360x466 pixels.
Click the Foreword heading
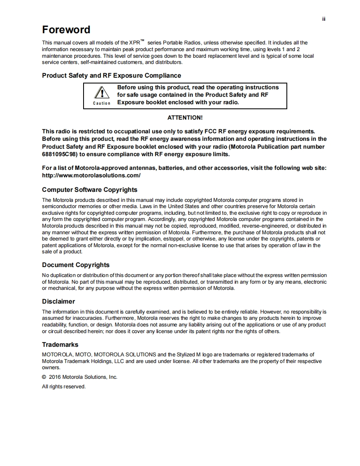pos(66,30)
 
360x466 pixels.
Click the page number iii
pos(324,19)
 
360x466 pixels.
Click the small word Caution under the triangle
pos(101,103)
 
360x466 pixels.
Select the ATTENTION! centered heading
pos(185,118)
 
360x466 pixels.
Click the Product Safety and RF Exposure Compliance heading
pos(111,76)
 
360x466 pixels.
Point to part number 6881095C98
pos(60,154)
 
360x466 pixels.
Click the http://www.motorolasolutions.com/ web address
pos(91,175)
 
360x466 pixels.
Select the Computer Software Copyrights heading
pos(89,190)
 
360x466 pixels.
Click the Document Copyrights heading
pos(76,265)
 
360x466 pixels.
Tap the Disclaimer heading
pos(58,302)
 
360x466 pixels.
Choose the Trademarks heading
pos(60,345)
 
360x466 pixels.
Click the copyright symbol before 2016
pos(44,377)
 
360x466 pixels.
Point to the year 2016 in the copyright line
pos(55,377)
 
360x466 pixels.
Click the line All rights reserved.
pos(64,387)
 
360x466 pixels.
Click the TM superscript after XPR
pos(142,41)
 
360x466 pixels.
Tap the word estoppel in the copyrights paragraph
pos(183,239)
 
